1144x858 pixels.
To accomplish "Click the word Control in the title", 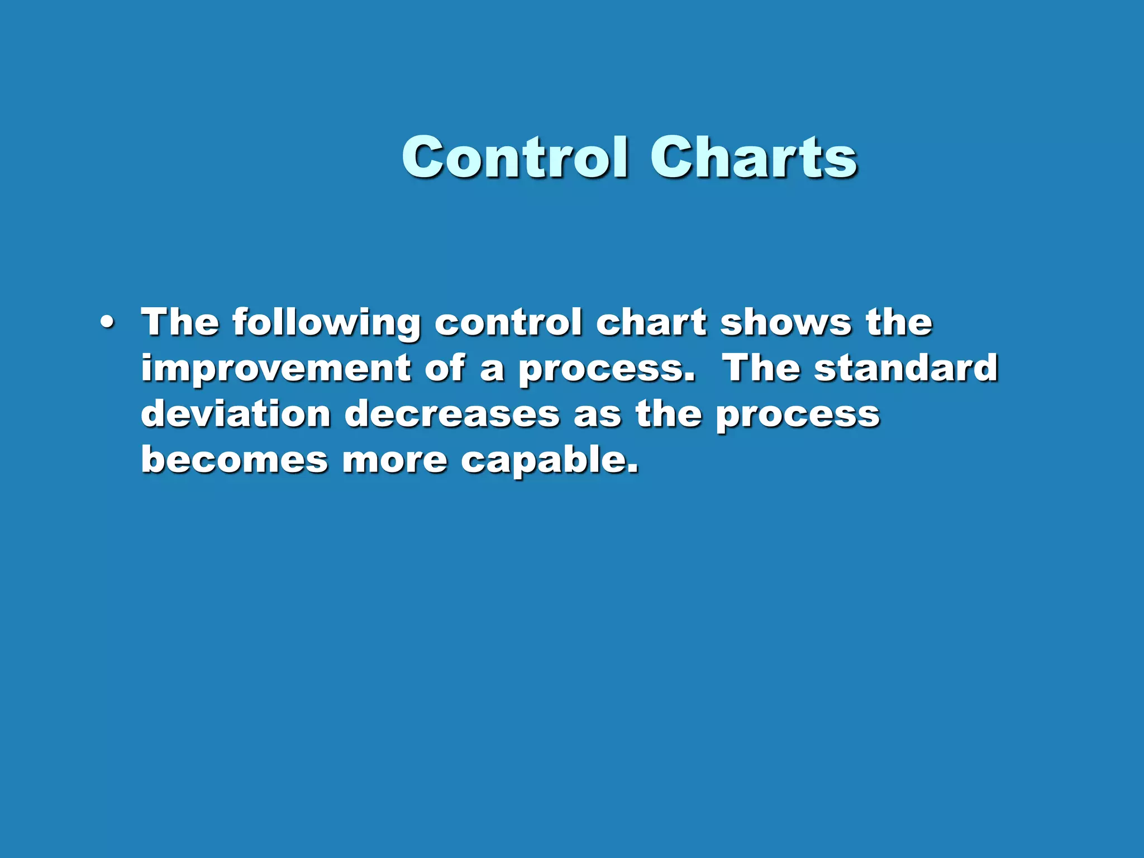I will pos(514,158).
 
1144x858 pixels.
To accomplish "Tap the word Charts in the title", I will pos(754,158).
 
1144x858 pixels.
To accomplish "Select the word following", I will pos(326,323).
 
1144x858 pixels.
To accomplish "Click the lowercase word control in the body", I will pos(508,322).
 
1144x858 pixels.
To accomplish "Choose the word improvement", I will pos(276,369).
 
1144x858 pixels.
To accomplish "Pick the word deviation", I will pos(236,414).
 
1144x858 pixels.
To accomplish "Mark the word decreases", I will pos(452,414).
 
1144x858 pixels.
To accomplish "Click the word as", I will pos(597,415).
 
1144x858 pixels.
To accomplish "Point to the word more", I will pos(394,461).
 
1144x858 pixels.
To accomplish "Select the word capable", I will pos(549,461).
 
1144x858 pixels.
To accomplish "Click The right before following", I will pos(180,322).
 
